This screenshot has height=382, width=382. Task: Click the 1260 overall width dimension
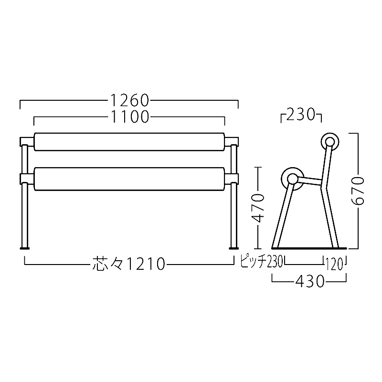click(x=129, y=100)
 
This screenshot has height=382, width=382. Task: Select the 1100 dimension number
click(x=129, y=117)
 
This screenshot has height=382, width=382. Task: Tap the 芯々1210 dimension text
click(x=128, y=264)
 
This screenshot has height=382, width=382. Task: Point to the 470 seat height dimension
click(x=258, y=208)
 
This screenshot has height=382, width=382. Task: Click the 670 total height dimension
click(x=358, y=191)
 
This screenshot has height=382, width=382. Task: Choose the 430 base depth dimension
click(x=309, y=282)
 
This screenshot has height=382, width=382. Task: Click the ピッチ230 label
click(x=261, y=261)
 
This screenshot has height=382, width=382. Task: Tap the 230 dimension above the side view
click(x=301, y=115)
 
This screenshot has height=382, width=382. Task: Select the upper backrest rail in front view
click(x=129, y=142)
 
